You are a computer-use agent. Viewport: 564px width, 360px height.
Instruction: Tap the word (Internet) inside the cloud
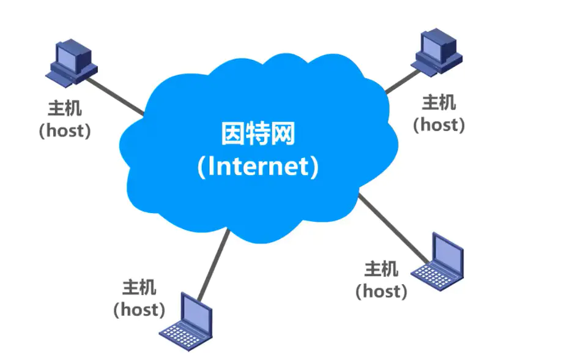258,167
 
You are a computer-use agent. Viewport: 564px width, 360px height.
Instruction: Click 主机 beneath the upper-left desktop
64,108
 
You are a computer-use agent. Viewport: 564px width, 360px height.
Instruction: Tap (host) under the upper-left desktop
64,130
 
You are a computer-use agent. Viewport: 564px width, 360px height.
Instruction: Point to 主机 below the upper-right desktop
439,102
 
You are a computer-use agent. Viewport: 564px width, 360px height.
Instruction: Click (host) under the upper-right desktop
439,124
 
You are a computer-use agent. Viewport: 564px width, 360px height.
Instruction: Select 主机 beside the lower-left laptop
139,287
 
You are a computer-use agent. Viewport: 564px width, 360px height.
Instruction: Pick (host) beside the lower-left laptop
139,309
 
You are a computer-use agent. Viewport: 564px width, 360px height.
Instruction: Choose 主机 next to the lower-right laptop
381,268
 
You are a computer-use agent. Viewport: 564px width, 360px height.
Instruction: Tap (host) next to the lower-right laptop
381,290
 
